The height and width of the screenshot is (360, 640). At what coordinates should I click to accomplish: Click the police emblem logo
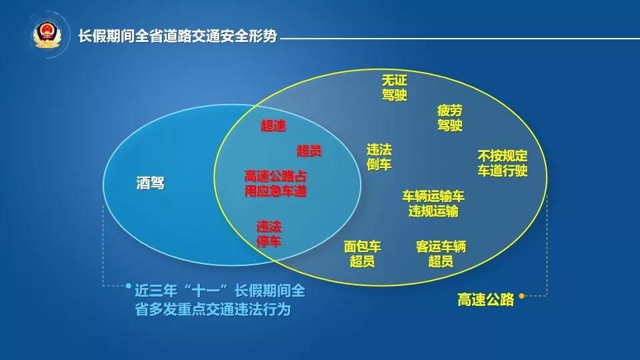(x=47, y=35)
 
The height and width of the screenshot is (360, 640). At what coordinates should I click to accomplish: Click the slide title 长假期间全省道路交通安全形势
(x=177, y=36)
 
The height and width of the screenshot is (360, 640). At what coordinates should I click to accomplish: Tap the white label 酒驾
(x=150, y=183)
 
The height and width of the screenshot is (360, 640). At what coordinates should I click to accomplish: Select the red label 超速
(x=273, y=125)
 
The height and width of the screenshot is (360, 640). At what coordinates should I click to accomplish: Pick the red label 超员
(x=309, y=151)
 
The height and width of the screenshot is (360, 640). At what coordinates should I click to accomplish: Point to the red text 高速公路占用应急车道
(x=275, y=184)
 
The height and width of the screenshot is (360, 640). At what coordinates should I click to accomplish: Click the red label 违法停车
(x=269, y=234)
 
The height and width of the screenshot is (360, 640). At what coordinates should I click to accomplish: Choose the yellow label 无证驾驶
(x=394, y=87)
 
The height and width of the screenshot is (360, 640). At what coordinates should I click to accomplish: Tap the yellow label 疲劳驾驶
(x=450, y=117)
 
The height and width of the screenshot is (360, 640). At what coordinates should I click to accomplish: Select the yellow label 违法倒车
(x=379, y=157)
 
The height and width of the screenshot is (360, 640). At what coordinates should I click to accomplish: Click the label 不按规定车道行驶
(x=503, y=163)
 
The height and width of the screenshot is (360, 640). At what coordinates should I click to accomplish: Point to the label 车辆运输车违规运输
(x=433, y=204)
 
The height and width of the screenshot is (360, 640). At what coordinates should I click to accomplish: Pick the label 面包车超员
(x=363, y=253)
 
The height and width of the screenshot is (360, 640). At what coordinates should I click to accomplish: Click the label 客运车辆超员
(x=441, y=253)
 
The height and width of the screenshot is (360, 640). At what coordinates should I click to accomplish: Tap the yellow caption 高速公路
(x=485, y=299)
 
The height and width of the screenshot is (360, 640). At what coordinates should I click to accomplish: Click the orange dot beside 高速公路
(x=521, y=296)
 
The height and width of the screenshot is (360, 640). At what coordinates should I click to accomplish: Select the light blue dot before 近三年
(x=129, y=286)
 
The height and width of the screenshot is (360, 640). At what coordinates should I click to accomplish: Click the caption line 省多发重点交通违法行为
(x=213, y=309)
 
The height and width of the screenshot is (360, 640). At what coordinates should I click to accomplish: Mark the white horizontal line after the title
(x=460, y=39)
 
